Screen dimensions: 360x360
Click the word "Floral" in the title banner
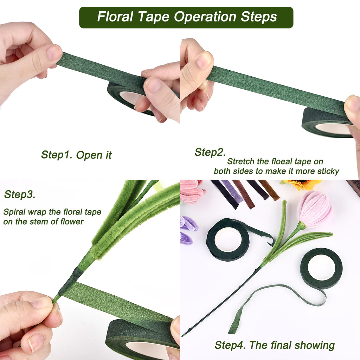pos(115,17)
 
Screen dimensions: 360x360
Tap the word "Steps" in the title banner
pos(259,17)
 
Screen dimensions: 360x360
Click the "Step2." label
pos(210,152)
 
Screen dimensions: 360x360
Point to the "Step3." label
pos(20,194)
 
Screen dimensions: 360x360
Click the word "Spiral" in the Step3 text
pos(14,212)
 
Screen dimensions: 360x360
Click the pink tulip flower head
pos(314,210)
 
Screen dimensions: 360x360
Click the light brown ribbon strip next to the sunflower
pos(269,189)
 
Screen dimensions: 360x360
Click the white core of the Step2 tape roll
pos(333,129)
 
